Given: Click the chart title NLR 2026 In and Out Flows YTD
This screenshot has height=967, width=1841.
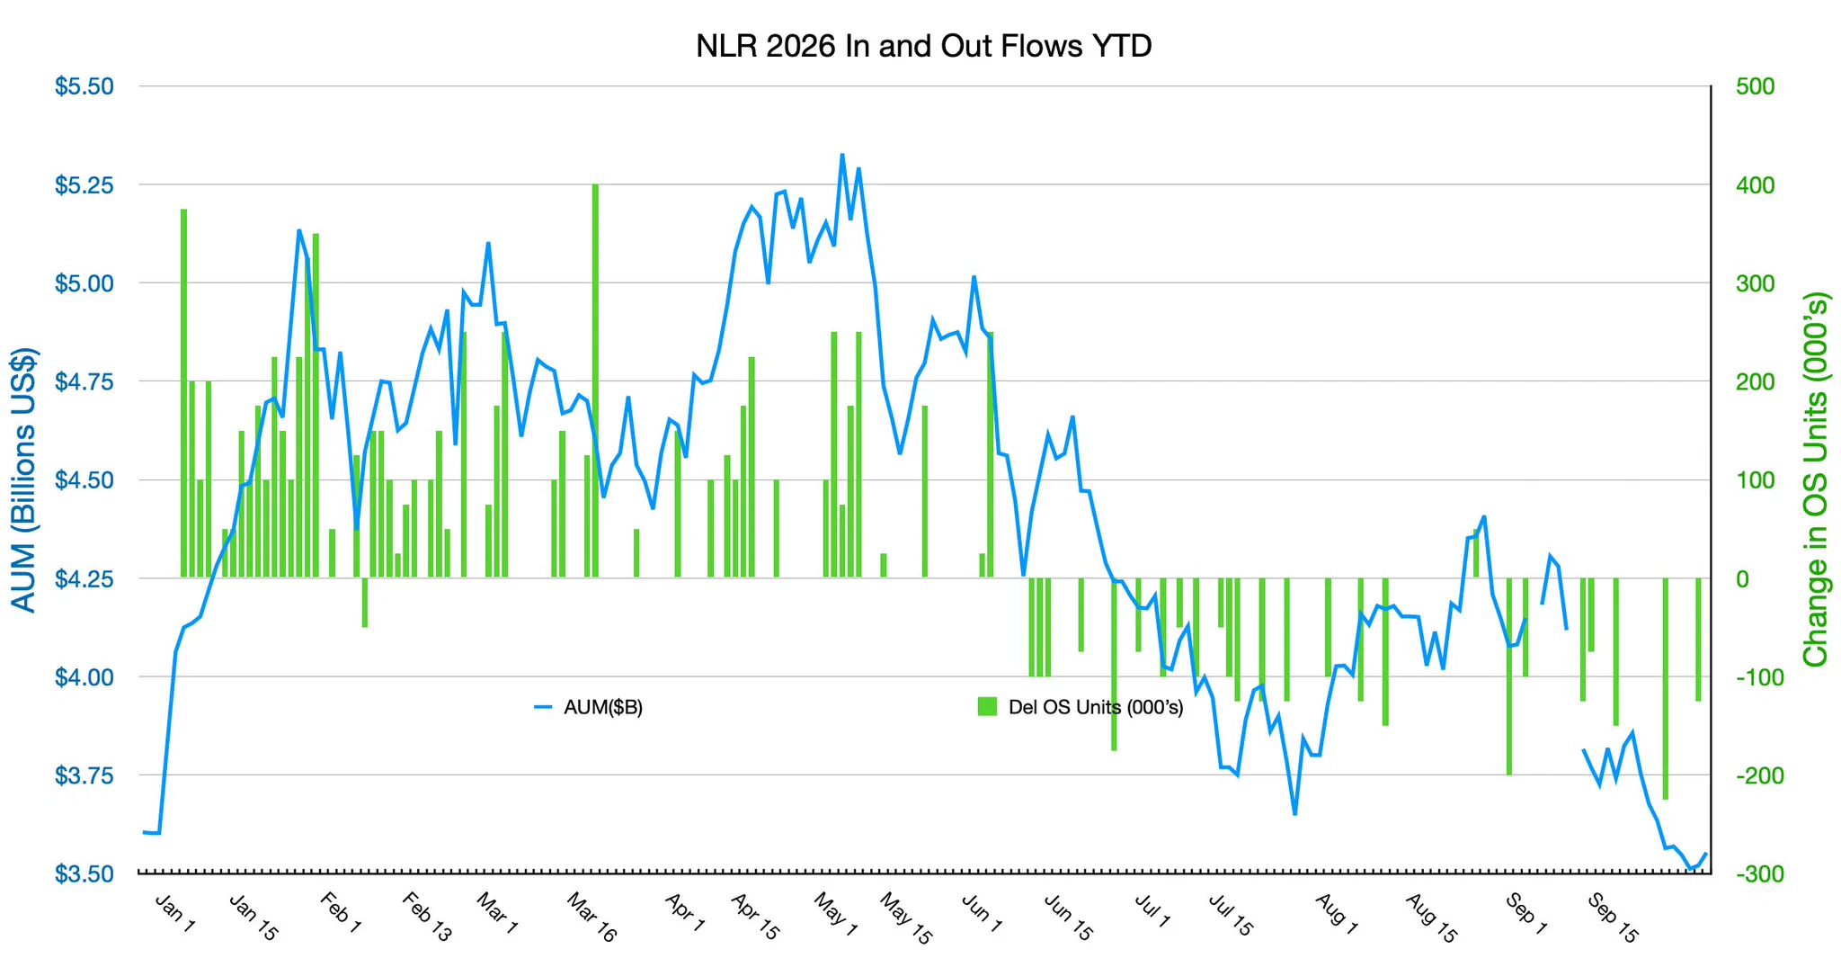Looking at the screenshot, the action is (923, 46).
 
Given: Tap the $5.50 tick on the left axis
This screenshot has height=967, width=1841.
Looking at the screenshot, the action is (84, 86).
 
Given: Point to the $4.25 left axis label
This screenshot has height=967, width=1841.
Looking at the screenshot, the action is (84, 578).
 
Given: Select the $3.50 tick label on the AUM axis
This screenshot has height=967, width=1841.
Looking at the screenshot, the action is (84, 873).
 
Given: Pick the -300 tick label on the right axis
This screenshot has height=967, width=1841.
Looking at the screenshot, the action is (1750, 873).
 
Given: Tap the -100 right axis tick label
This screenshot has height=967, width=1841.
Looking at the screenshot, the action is (1750, 676).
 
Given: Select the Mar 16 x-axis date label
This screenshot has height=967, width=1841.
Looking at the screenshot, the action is (591, 917).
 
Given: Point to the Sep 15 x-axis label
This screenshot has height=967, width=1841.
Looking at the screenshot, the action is (1614, 917).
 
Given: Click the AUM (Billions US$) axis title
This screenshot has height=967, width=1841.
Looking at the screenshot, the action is (23, 479).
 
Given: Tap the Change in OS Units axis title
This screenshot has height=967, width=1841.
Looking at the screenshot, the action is (1816, 479).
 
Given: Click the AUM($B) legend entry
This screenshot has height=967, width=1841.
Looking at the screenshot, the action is (589, 707).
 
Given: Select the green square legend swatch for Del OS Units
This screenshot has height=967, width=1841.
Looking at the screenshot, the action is (987, 707).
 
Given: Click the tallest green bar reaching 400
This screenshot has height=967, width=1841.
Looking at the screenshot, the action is (595, 381).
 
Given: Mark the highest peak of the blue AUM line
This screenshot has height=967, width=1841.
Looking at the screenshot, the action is (842, 155).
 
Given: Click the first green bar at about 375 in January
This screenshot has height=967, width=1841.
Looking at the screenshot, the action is (183, 393).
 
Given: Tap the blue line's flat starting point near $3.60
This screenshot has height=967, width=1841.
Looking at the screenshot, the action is (151, 833).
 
